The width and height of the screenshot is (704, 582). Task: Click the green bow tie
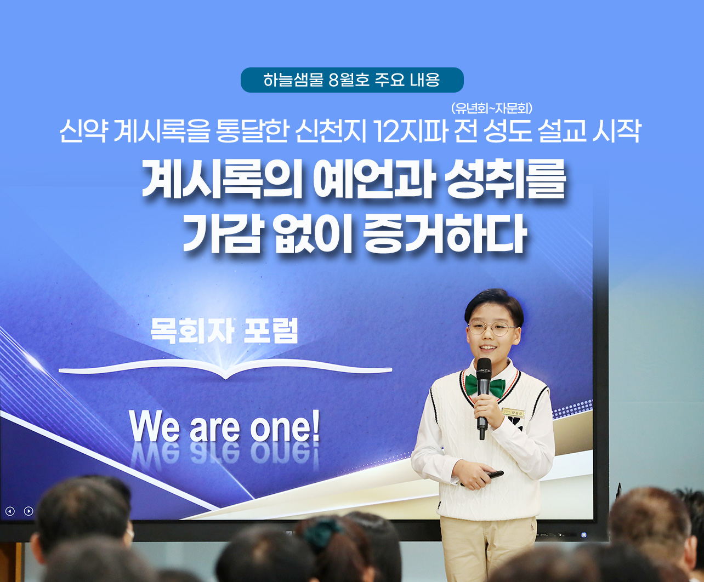485,385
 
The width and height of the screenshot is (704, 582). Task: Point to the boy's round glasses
492,328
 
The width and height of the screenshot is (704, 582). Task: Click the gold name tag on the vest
513,412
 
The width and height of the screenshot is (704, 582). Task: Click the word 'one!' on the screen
285,428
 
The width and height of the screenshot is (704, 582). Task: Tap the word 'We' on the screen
154,428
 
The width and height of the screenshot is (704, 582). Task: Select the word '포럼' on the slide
271,331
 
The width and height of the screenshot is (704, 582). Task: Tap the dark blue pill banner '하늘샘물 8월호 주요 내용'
352,80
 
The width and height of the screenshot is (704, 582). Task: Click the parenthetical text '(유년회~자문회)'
492,109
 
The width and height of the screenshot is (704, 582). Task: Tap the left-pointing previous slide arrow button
10,511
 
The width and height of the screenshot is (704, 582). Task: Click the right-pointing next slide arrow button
29,511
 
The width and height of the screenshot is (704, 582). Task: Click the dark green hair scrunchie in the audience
322,532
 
